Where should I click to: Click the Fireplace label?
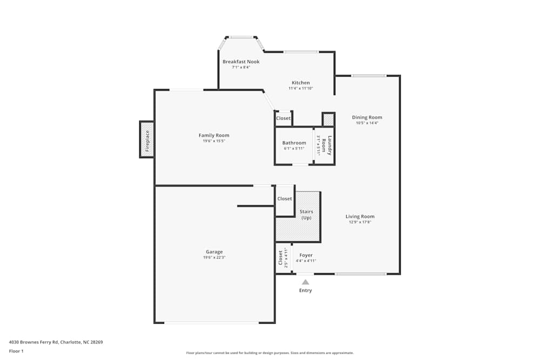(147, 139)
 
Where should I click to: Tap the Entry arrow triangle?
(306, 282)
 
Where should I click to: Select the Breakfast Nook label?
(241, 62)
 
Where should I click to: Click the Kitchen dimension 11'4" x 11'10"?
(301, 89)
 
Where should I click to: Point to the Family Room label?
(214, 135)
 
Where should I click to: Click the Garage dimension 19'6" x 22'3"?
(214, 258)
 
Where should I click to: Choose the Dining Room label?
(367, 117)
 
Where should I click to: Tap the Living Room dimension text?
(360, 222)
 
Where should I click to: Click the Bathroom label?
(294, 143)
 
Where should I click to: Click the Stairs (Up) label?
(306, 214)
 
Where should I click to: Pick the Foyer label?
(306, 255)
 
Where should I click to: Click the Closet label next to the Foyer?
(280, 259)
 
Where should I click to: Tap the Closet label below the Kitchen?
(283, 118)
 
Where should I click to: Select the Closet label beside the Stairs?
(285, 199)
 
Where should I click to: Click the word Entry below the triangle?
(306, 290)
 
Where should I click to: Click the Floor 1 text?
(16, 351)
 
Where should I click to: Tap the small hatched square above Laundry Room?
(328, 119)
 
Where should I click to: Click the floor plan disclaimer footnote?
(269, 353)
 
